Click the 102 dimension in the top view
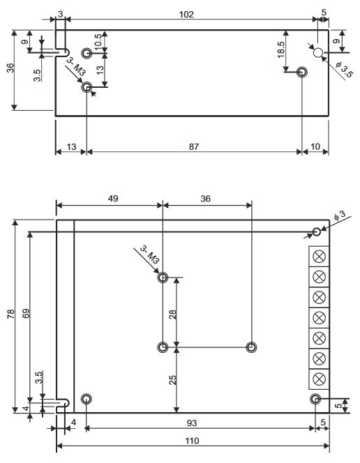pos(186,15)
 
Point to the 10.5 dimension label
pos(98,40)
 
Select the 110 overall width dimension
pos(192,441)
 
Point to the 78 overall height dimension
pos(10,315)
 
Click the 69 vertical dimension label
pos(26,315)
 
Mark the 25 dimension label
pos(172,380)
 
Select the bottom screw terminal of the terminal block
pos(320,379)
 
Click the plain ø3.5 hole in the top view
pos(318,52)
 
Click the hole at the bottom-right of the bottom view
pos(315,399)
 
